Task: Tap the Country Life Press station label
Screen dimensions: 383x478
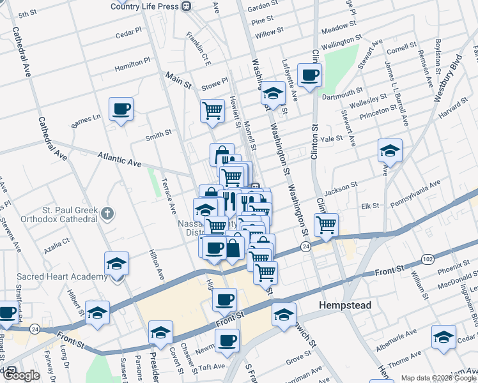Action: pos(144,6)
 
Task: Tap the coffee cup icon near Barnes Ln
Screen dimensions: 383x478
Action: pos(120,109)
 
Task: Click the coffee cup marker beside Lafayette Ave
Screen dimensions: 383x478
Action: pos(310,75)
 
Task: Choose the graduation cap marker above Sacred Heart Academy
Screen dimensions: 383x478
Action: pos(117,264)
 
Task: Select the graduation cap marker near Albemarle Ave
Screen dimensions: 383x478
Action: pos(443,337)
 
